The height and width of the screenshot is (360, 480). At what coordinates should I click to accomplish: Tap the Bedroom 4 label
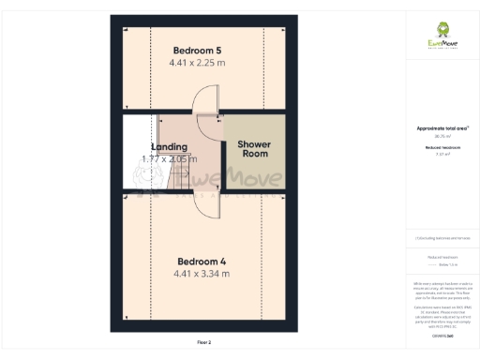pos(199,261)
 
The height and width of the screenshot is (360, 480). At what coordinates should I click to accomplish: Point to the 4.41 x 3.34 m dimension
pos(201,274)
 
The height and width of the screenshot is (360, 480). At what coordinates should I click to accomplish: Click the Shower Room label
pos(253,148)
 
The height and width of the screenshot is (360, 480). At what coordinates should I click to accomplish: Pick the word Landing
pos(169,146)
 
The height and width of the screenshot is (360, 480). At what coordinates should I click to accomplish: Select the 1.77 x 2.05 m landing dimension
pos(170,159)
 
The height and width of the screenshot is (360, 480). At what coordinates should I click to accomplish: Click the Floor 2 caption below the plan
pos(203,343)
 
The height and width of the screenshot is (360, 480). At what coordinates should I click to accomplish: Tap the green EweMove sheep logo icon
pos(443,28)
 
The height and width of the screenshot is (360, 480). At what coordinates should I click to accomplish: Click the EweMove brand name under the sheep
pos(443,44)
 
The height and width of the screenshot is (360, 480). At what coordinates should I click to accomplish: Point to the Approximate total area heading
pos(442,128)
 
